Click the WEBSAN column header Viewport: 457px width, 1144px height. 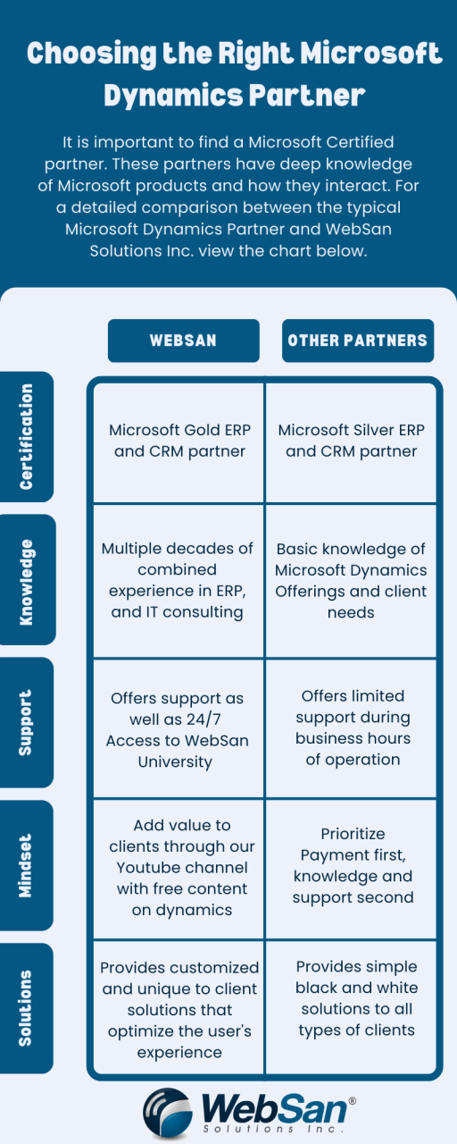click(184, 341)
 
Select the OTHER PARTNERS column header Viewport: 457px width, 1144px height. click(358, 341)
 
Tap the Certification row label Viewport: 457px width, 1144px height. click(26, 437)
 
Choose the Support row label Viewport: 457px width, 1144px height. click(26, 723)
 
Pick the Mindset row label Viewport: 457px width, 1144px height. click(26, 866)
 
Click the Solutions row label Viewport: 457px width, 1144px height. click(26, 1009)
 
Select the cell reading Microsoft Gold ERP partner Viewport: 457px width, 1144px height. click(179, 442)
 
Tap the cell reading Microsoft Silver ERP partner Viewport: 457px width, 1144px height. click(351, 442)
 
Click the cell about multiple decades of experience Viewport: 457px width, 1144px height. click(179, 581)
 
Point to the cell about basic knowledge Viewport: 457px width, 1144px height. click(351, 581)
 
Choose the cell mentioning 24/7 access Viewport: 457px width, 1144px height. click(179, 729)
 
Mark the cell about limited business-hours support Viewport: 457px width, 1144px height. click(351, 729)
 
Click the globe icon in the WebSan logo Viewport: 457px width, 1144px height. click(168, 1114)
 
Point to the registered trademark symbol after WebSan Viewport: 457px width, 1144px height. click(352, 1102)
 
